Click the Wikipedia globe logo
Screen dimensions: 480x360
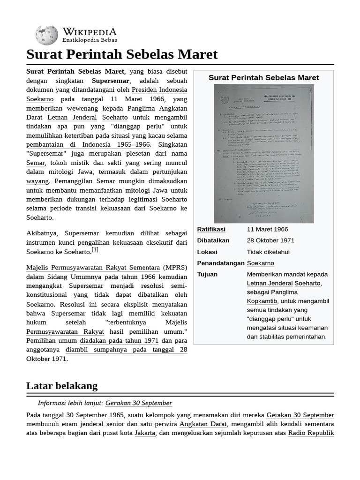46,36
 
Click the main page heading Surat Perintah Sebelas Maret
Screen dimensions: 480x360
122,54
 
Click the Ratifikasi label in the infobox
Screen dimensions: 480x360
211,229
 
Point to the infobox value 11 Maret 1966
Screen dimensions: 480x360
267,229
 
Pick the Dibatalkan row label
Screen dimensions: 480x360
213,240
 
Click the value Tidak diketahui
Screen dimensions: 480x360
268,252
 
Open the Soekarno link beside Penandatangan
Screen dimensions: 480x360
260,263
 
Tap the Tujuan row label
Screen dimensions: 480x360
207,274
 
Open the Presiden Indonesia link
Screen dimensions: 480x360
159,90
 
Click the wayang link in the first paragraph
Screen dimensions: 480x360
37,181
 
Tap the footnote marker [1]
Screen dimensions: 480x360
95,250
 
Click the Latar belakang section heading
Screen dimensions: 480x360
62,386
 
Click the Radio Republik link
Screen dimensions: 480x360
311,433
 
